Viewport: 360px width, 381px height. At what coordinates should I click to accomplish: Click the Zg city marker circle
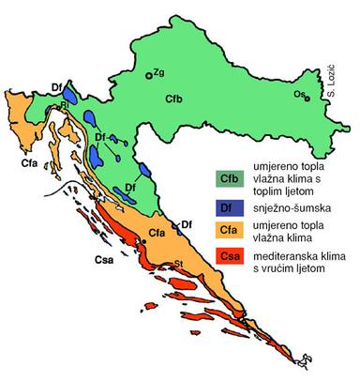(149, 76)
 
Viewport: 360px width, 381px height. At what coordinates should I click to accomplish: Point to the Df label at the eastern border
(187, 223)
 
